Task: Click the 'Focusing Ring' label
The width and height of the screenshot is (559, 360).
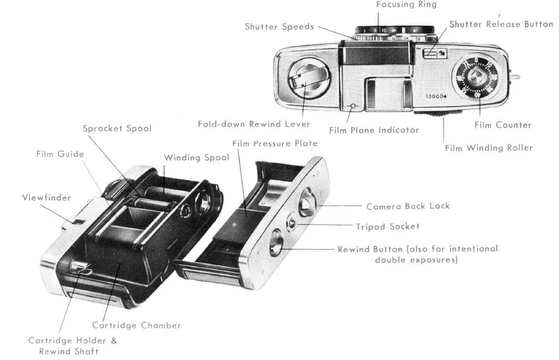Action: (406, 4)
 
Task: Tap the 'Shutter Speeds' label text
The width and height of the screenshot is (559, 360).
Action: (279, 27)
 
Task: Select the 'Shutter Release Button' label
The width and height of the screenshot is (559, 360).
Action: (501, 24)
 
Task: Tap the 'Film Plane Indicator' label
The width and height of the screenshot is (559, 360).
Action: (374, 131)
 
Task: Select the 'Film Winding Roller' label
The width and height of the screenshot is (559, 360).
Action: (489, 148)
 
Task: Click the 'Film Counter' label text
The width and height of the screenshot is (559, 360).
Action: (503, 125)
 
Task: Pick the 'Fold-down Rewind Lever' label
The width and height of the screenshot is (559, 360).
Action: (254, 124)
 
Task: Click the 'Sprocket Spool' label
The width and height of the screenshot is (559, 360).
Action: (117, 128)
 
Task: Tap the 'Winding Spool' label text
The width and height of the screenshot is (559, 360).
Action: (196, 158)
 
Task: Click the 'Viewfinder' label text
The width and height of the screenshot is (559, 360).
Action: (46, 198)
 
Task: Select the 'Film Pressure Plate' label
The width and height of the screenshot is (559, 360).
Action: (275, 144)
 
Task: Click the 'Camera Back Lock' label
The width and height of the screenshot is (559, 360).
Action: (408, 206)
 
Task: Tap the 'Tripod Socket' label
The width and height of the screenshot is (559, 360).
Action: (387, 227)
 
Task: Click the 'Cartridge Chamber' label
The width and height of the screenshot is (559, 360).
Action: (137, 325)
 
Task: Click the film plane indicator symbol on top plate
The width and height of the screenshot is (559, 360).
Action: (352, 107)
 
